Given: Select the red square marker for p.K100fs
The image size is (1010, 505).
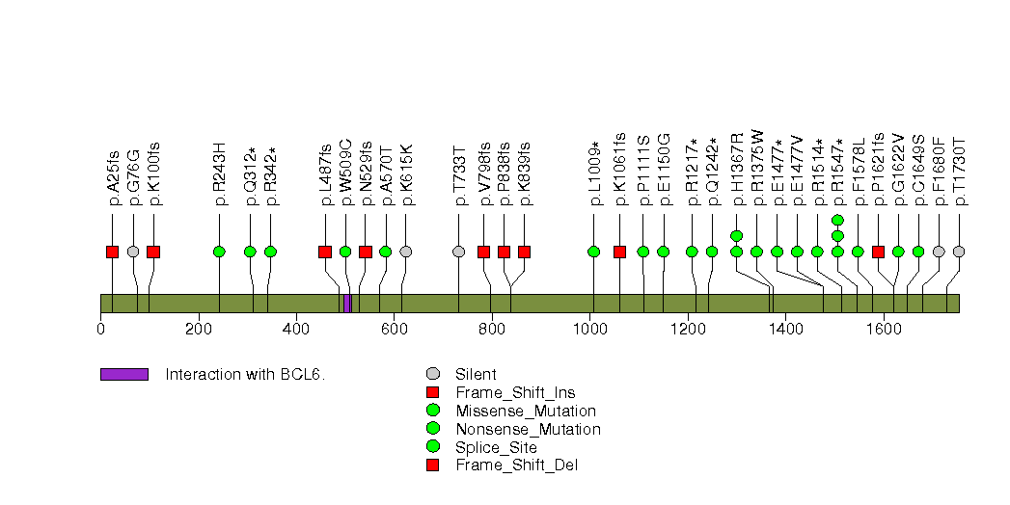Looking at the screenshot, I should click(153, 252).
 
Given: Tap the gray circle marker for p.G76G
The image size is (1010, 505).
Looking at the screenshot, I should click(133, 252).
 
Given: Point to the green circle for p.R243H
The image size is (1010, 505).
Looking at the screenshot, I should click(219, 252).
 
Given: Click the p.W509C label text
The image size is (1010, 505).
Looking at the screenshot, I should click(345, 176).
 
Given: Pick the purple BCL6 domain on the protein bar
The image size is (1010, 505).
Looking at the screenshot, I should click(347, 304).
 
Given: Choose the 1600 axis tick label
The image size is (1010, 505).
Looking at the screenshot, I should click(883, 328).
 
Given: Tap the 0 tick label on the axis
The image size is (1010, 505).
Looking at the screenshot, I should click(100, 328).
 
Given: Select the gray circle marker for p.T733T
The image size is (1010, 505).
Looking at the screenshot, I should click(458, 252).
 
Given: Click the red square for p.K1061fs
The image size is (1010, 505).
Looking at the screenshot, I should click(619, 252).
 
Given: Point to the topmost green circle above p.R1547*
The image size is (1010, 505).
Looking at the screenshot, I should click(837, 220).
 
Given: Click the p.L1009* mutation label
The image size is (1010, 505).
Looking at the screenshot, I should click(594, 174).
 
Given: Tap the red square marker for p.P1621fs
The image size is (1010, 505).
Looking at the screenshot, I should click(878, 252).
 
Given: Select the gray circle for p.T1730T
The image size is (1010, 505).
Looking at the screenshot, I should click(958, 252).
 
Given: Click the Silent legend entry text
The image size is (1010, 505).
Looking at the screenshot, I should click(475, 374).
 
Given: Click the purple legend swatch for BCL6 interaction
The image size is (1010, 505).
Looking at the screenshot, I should click(123, 374).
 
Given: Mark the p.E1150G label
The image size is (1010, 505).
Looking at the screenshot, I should click(664, 174).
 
